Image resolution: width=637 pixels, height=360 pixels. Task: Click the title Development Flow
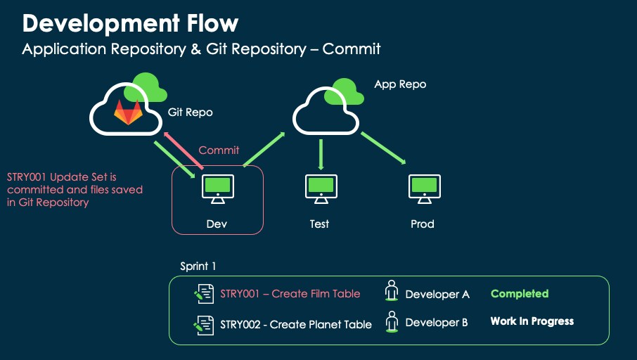(x=130, y=23)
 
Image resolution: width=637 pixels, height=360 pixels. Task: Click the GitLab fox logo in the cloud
(x=128, y=112)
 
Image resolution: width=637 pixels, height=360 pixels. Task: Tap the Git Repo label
(x=190, y=112)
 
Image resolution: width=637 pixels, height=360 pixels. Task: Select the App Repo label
(x=400, y=84)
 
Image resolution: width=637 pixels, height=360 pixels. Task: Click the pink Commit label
(x=219, y=150)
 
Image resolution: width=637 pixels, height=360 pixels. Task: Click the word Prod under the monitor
(x=423, y=224)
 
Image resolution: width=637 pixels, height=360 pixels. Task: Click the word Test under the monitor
(x=319, y=224)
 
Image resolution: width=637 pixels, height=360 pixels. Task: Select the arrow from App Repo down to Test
(x=321, y=154)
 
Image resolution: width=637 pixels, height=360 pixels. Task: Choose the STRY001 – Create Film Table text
(x=290, y=294)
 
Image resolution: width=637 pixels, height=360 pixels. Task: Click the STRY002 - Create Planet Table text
(x=296, y=324)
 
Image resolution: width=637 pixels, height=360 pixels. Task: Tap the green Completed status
(x=520, y=294)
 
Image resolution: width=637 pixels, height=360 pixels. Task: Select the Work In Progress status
(x=532, y=321)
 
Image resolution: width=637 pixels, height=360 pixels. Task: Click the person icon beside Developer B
(x=392, y=321)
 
